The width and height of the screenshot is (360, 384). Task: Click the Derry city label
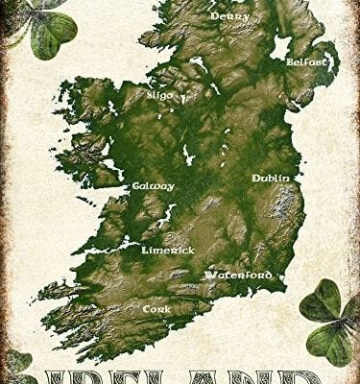coord(230,16)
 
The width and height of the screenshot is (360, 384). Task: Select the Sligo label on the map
coord(160,95)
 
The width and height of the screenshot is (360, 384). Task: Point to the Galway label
coord(154,186)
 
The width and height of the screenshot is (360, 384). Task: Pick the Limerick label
coord(168,250)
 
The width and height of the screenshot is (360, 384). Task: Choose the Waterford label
coord(237,275)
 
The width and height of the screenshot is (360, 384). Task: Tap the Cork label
coord(156,310)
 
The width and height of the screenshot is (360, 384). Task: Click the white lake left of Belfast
coord(281,46)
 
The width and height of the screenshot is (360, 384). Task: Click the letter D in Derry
coord(215,16)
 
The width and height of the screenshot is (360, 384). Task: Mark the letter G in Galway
coord(137,186)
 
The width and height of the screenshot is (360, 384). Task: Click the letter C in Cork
coord(146,310)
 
